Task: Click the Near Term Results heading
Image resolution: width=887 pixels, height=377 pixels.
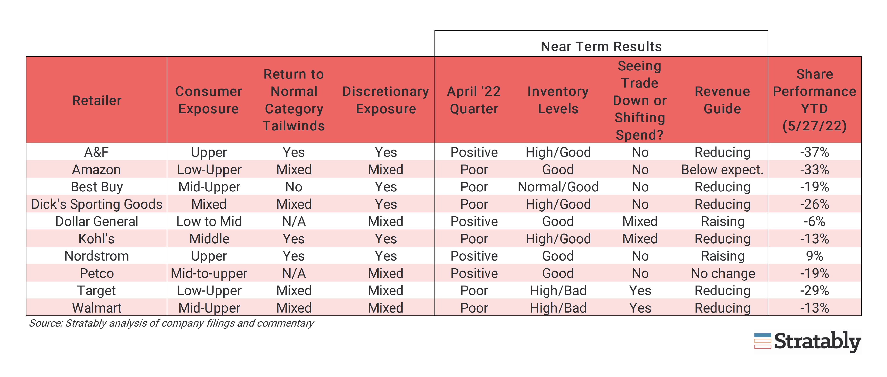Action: [x=601, y=46]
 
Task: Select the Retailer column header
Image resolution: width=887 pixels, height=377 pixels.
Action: [x=97, y=100]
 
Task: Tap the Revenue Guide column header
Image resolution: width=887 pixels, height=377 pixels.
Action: [x=722, y=100]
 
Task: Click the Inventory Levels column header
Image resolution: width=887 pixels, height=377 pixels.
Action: [x=558, y=100]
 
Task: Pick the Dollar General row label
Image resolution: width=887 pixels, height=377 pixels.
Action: [x=97, y=221]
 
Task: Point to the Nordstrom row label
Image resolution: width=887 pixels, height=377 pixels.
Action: [x=97, y=256]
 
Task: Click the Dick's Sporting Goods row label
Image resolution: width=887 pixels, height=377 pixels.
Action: [x=97, y=204]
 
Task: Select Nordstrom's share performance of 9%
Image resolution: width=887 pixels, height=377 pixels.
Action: [x=814, y=256]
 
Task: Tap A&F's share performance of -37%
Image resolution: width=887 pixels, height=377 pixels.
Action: [x=814, y=152]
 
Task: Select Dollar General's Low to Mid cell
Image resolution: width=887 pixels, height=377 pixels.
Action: [x=209, y=221]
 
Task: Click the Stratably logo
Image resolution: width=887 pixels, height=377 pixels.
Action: [x=808, y=342]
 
